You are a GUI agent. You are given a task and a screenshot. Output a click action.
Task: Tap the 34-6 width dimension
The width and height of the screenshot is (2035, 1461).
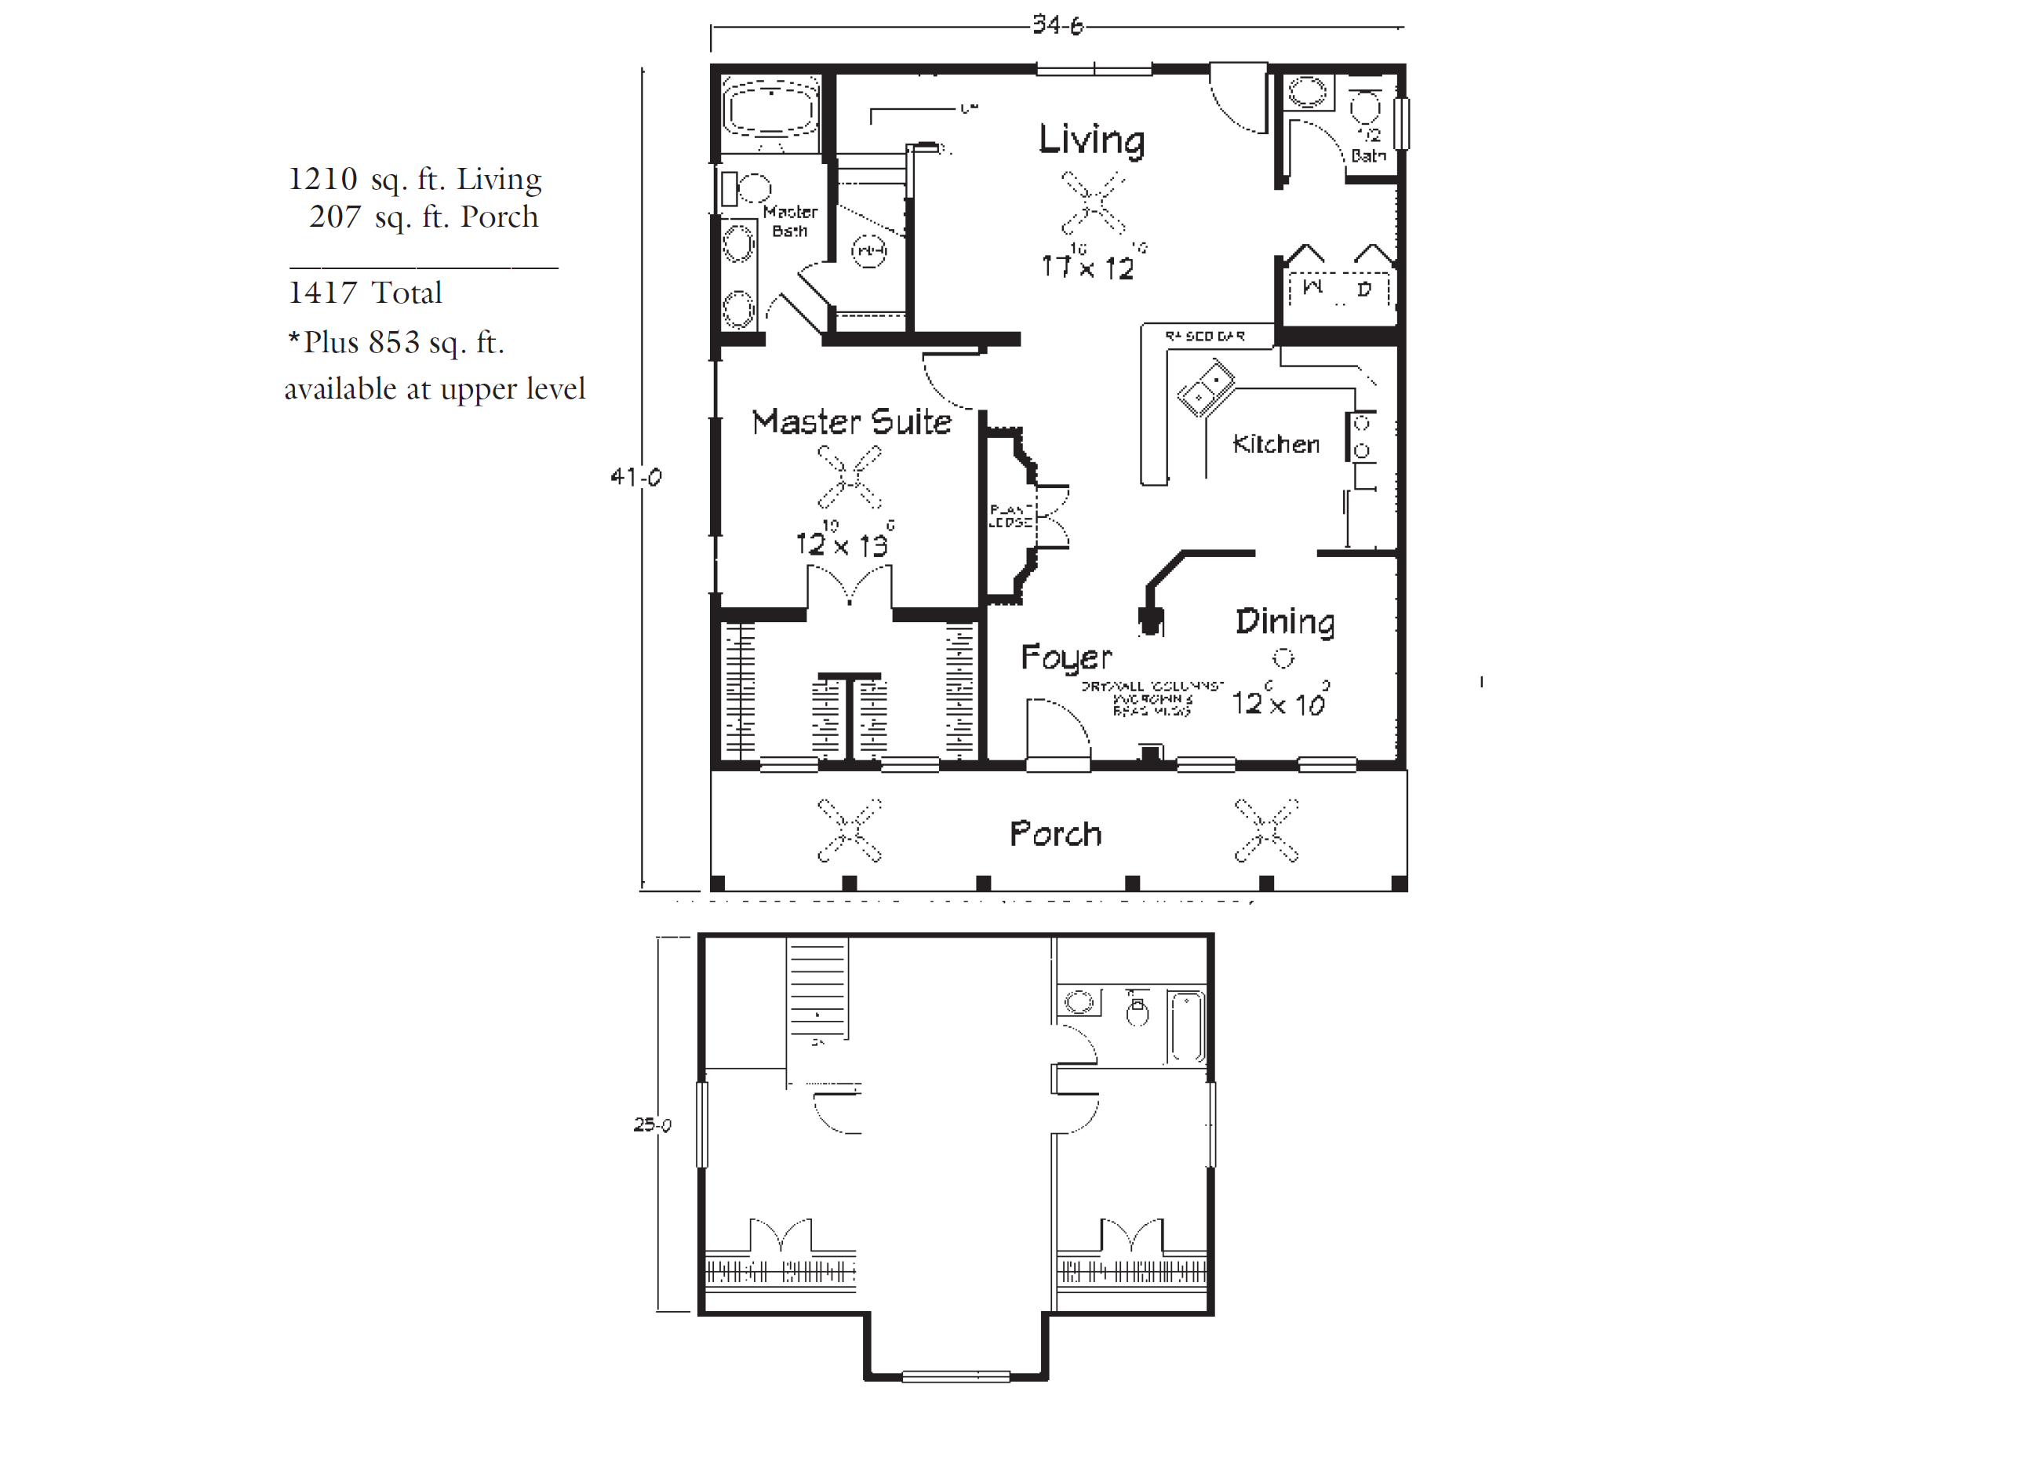(x=1057, y=25)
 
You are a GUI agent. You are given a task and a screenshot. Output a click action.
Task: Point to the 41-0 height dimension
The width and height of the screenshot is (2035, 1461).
(x=635, y=476)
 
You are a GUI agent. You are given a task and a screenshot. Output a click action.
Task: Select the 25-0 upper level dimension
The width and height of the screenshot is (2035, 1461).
(x=651, y=1124)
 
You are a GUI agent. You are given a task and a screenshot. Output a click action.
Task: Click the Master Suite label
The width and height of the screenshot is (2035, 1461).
(x=850, y=422)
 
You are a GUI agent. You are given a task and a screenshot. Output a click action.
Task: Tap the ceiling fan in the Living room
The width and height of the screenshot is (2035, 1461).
(x=1092, y=201)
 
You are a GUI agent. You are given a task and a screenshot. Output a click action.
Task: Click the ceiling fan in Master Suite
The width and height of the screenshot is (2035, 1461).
(x=849, y=477)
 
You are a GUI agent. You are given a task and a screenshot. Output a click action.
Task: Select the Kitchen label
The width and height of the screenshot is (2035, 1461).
(x=1275, y=443)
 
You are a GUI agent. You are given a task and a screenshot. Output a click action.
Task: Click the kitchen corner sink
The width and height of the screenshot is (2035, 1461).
(x=1205, y=388)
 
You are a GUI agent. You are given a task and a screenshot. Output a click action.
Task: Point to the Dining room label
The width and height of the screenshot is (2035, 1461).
(x=1284, y=621)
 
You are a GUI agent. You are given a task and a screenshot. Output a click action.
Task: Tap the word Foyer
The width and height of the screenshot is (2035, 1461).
(x=1066, y=657)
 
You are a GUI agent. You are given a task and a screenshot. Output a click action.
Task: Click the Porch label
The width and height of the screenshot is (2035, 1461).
(x=1055, y=834)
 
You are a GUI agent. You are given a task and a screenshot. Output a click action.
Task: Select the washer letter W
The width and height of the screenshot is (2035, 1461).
(x=1312, y=287)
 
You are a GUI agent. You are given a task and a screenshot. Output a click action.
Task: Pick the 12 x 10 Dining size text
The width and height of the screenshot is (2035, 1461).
(x=1278, y=703)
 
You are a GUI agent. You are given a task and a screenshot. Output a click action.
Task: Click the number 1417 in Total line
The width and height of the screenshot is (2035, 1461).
(x=321, y=293)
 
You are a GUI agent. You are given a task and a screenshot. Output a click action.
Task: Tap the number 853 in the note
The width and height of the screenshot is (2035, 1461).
(x=393, y=342)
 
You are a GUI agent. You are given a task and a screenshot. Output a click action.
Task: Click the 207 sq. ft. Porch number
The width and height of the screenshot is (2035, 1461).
(x=335, y=217)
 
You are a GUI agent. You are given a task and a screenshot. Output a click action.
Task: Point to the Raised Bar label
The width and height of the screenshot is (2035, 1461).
(x=1204, y=336)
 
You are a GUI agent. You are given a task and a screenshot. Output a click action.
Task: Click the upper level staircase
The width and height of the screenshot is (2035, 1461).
(x=817, y=987)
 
